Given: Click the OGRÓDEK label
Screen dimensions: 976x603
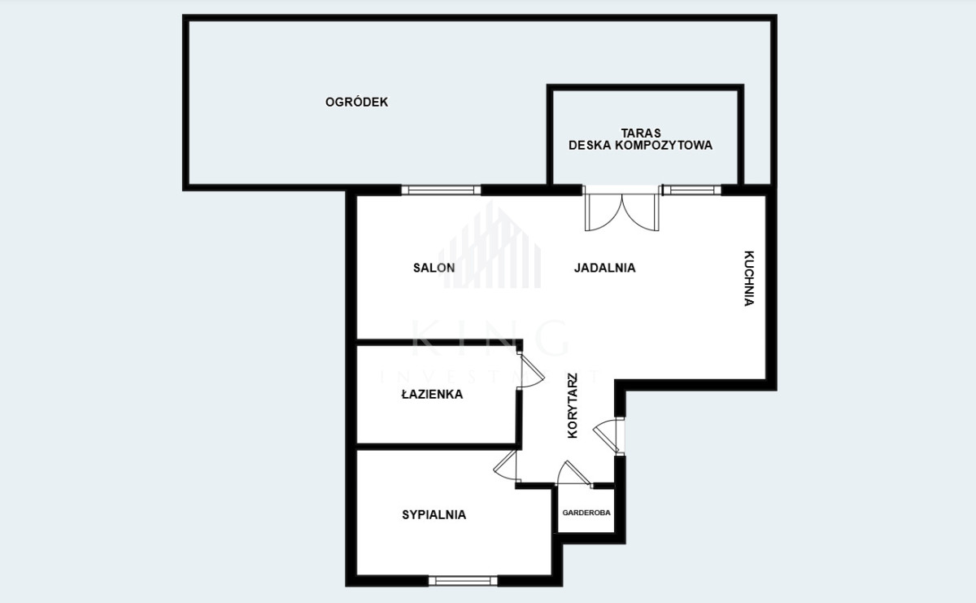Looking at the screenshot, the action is point(356,102).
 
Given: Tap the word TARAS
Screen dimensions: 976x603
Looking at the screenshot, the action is point(641,133).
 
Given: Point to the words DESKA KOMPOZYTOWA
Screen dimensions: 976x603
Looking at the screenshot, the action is point(640,145).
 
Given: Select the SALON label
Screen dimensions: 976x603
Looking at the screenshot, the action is point(434,268).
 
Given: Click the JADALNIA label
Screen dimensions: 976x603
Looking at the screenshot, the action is point(605,268).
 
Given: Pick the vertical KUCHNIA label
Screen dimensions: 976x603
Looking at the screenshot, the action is point(749,278).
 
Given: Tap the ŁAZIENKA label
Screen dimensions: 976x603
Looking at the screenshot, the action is point(432,394).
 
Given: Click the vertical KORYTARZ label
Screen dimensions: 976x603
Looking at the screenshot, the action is point(573,405).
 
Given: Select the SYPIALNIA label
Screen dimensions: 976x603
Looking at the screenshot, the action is point(434,515).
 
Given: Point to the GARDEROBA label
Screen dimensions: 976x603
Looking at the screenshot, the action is point(586,513).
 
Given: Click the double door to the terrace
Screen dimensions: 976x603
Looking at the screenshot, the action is point(621,212).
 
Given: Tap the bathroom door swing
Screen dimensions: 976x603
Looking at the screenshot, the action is point(530,370).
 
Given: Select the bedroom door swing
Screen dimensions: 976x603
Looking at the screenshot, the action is point(505,465).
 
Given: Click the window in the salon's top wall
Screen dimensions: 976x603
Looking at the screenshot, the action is point(441,190).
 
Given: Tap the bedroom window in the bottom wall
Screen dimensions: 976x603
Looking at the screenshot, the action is point(463,581).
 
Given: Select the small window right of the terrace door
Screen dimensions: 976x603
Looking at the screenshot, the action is point(691,190).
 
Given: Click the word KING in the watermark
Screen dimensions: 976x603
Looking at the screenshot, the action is point(489,339).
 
